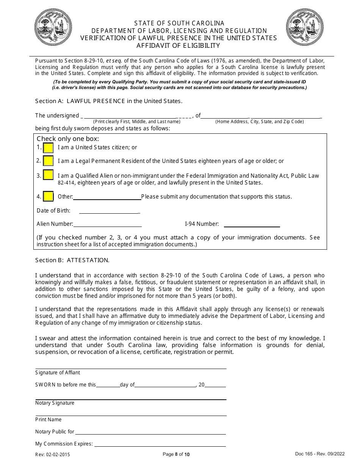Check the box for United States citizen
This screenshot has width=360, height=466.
[x=48, y=147]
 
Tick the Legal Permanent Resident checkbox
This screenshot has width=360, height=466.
[x=48, y=161]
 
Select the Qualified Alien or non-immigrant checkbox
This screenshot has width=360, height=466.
[x=48, y=175]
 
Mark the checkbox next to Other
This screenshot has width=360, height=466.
[x=48, y=197]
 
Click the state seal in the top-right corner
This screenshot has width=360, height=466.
[x=305, y=28]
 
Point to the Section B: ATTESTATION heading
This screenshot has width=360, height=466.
[x=72, y=260]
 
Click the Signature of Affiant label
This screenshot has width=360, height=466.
[x=58, y=373]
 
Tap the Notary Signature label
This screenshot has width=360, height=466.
[x=55, y=403]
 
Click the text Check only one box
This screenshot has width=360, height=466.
[x=68, y=139]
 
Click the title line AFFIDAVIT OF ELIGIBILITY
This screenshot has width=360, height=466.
[x=178, y=46]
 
